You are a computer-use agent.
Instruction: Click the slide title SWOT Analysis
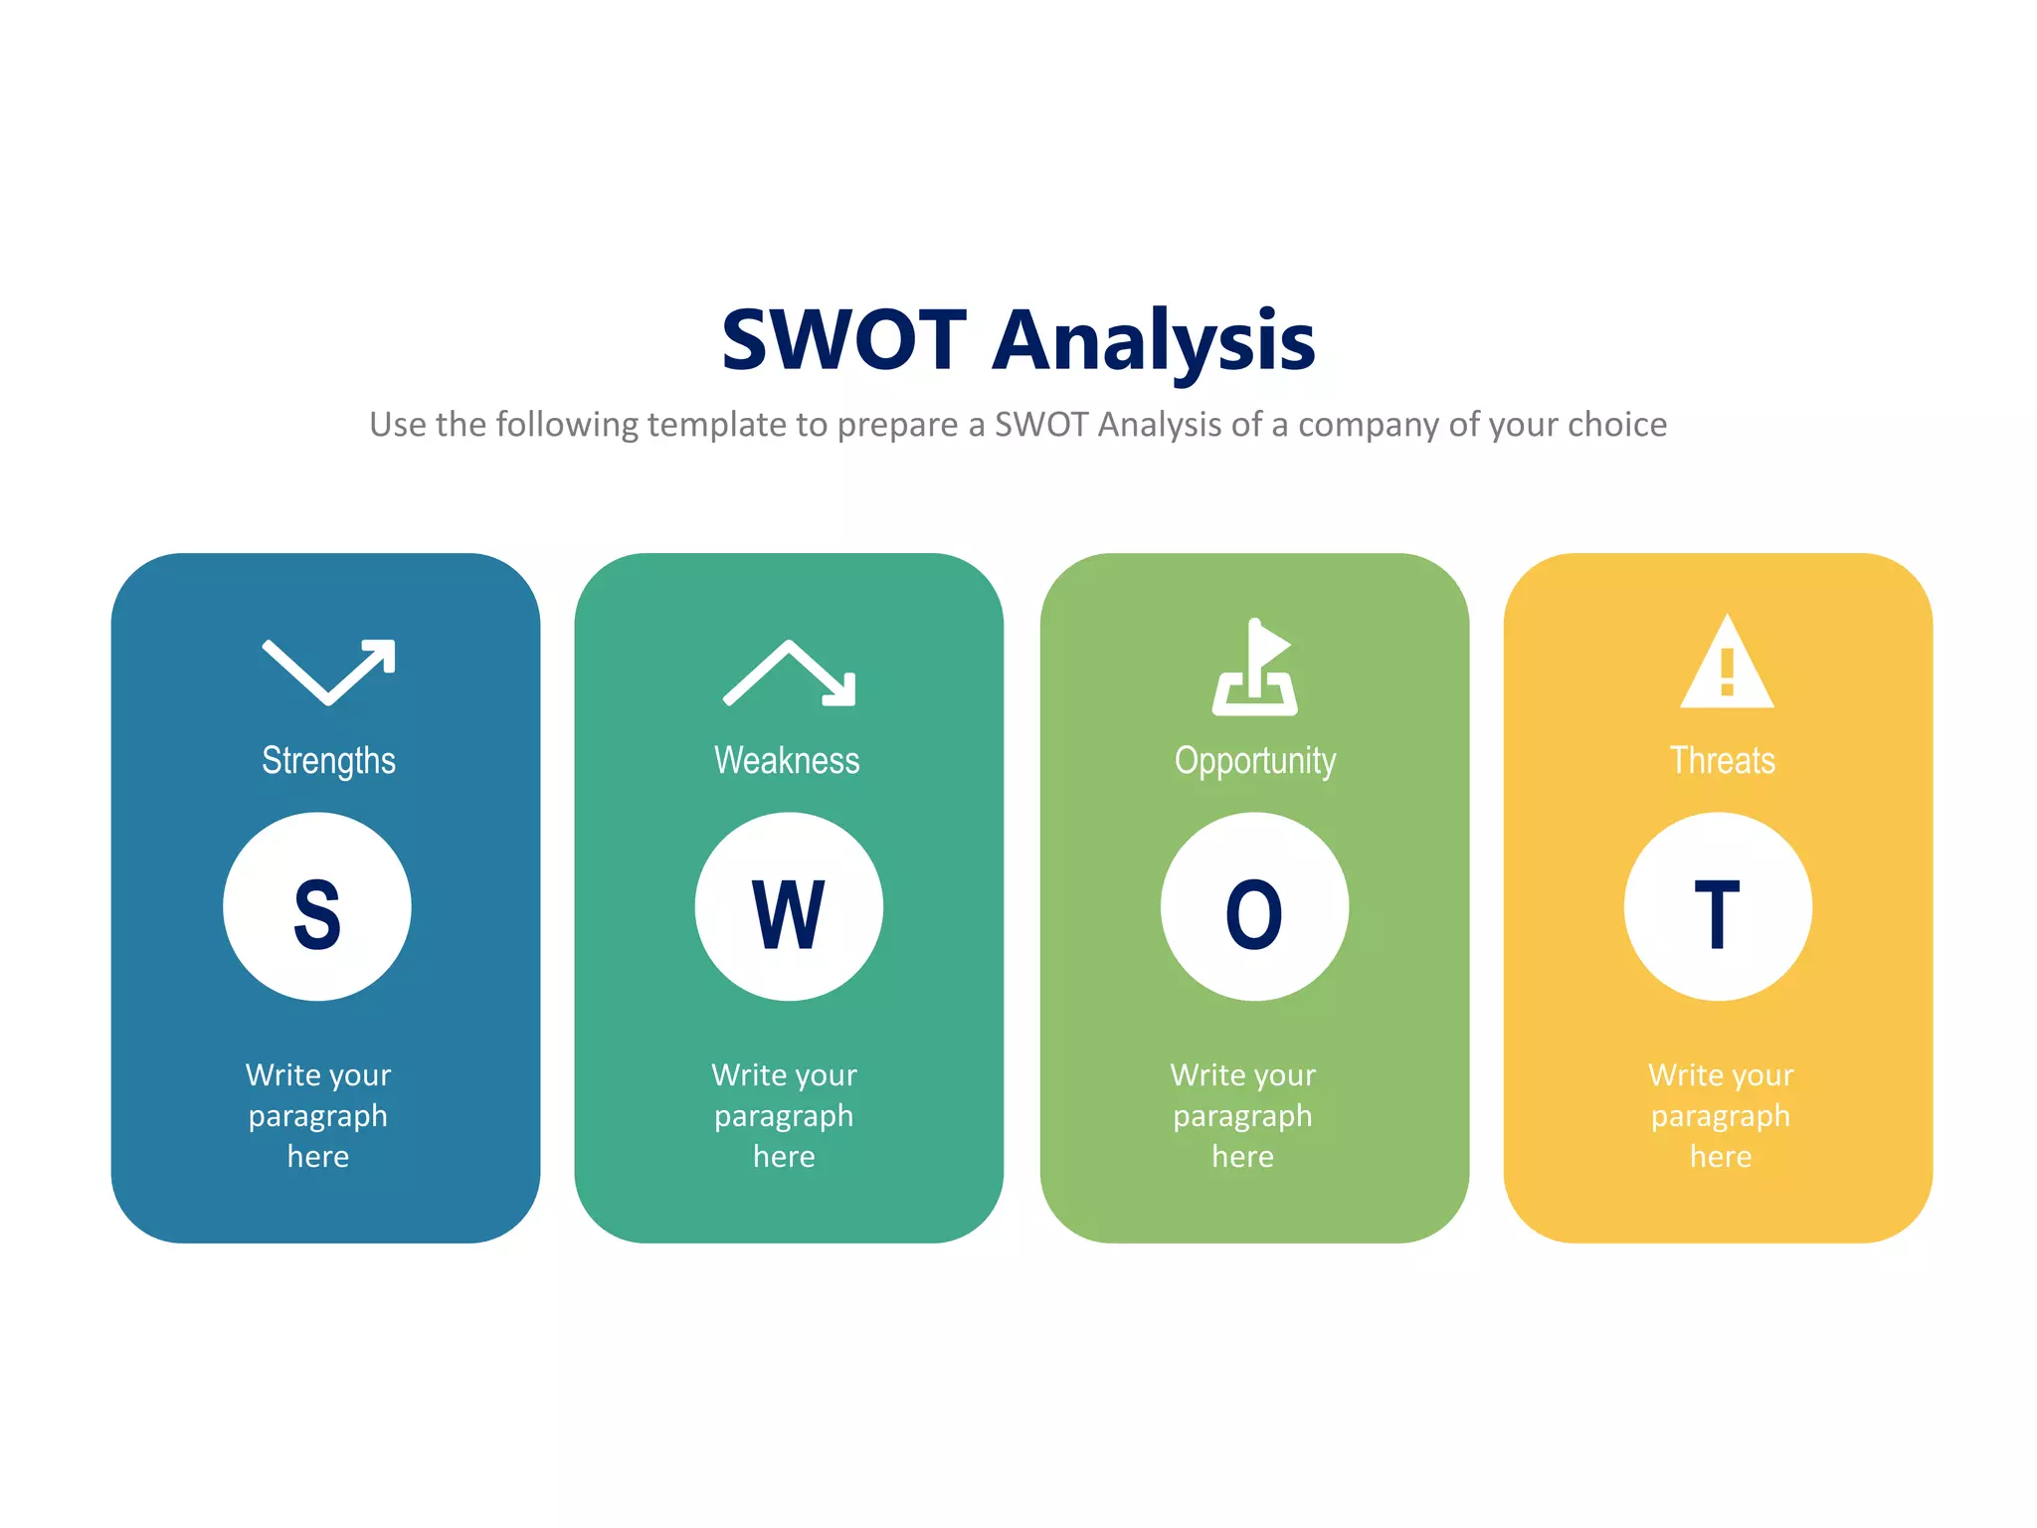(1018, 341)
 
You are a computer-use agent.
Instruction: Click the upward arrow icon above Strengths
(329, 671)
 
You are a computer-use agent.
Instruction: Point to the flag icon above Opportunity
(1255, 668)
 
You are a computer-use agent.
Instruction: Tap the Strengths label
(328, 761)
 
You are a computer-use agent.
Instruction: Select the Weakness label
(787, 761)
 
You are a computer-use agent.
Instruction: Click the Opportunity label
(1255, 761)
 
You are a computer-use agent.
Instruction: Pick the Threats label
(1722, 761)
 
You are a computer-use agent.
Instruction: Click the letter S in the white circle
(317, 914)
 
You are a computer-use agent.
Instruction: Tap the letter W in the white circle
(788, 914)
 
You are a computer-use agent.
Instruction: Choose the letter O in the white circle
(1254, 914)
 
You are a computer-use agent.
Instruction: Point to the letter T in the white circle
(1718, 914)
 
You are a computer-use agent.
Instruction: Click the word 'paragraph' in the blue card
(318, 1117)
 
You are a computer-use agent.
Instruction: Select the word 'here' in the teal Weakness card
(784, 1157)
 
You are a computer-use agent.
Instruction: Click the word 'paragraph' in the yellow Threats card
(1721, 1117)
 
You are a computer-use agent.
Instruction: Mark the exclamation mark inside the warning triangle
(1727, 671)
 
